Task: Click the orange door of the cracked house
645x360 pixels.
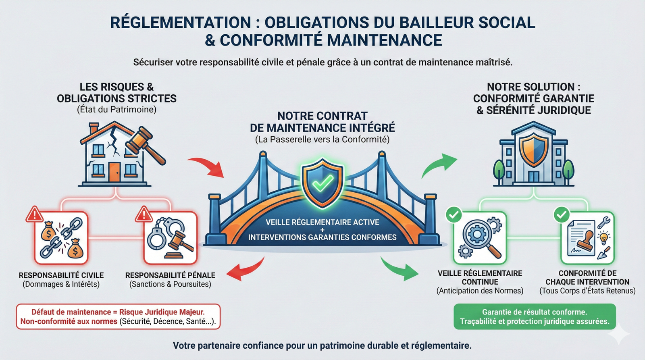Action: (x=114, y=172)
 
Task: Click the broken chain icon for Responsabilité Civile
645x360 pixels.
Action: (x=62, y=238)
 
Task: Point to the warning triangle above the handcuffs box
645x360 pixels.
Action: (x=143, y=214)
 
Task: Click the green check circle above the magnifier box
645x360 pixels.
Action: (x=454, y=214)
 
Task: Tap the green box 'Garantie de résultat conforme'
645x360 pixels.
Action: (x=535, y=316)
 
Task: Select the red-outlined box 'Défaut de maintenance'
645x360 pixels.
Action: (x=118, y=316)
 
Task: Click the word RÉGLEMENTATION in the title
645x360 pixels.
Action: (x=180, y=23)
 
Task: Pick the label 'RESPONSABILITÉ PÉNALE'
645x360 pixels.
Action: (x=170, y=275)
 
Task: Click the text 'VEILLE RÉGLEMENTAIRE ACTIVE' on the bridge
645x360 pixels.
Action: (x=322, y=222)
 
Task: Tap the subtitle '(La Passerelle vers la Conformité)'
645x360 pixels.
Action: (x=322, y=139)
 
